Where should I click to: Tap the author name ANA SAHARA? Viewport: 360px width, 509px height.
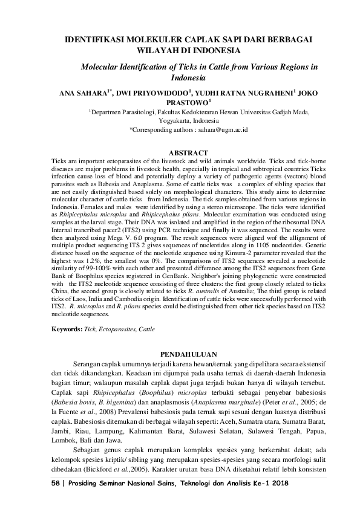click(82, 94)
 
